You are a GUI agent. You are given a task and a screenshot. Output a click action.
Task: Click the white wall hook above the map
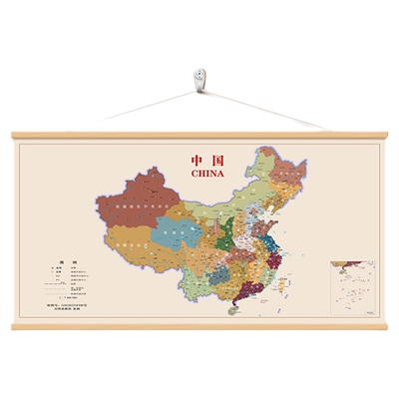point(200,78)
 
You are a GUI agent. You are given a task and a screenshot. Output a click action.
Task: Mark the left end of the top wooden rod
point(14,135)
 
